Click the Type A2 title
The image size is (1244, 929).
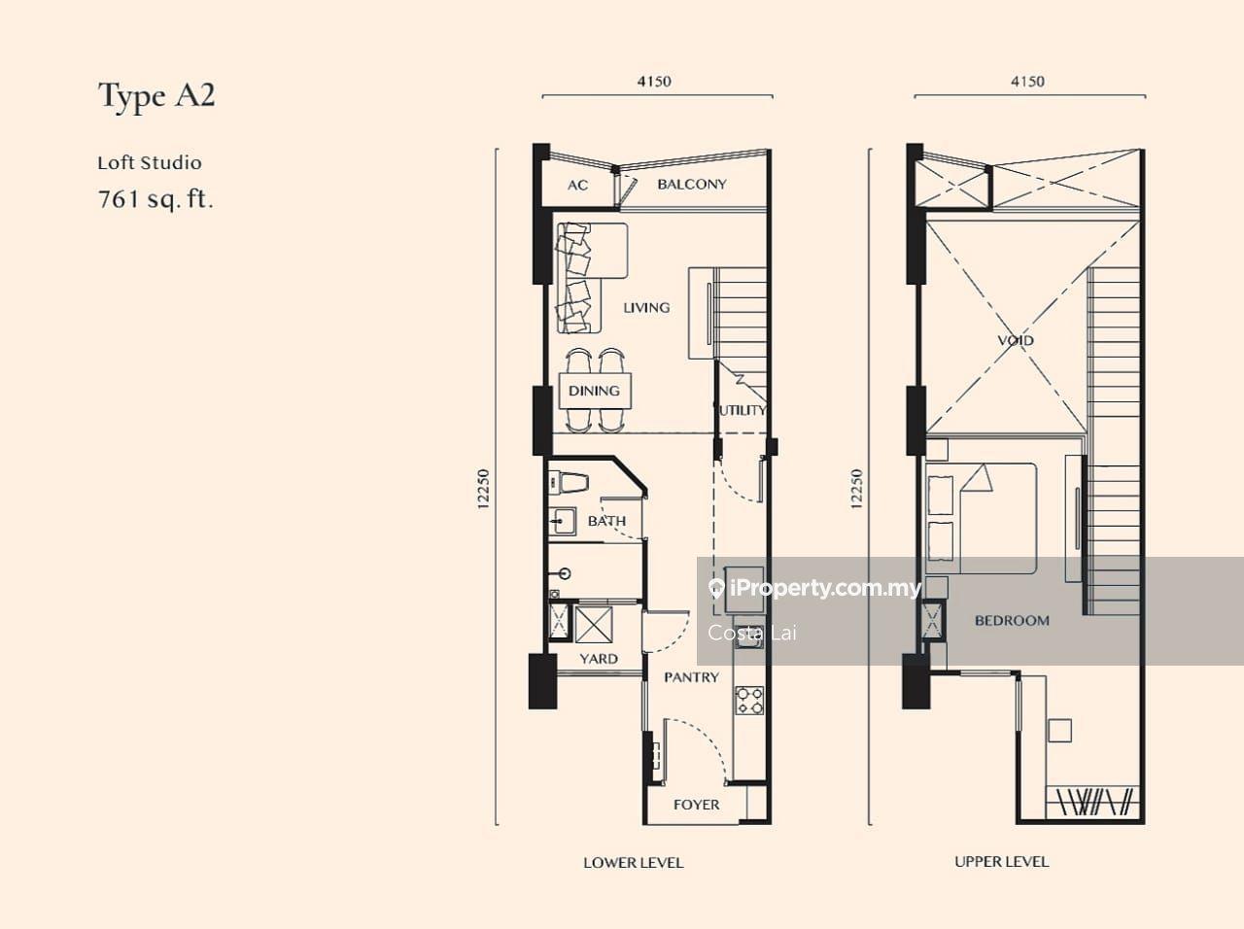(x=157, y=96)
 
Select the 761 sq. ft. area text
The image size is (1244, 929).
(x=155, y=199)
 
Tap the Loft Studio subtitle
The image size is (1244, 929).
(x=150, y=163)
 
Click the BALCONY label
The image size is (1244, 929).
(x=692, y=184)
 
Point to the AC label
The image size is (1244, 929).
(x=577, y=186)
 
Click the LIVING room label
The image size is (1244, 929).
(x=646, y=308)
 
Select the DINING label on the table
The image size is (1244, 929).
(x=594, y=391)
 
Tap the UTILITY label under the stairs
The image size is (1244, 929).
(x=743, y=410)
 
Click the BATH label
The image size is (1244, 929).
(x=607, y=521)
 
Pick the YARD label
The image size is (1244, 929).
(x=599, y=659)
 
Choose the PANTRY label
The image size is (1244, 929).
(x=691, y=677)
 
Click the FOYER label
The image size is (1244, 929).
(x=697, y=805)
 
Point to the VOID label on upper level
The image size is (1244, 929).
(x=1016, y=340)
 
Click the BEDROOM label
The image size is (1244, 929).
(x=1012, y=620)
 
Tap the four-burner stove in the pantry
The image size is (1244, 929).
(x=749, y=700)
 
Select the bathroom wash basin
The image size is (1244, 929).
(x=562, y=521)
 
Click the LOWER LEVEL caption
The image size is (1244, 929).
(x=634, y=863)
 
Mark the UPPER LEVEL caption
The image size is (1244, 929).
(x=1002, y=862)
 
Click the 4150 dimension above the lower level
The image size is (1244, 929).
(x=655, y=82)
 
